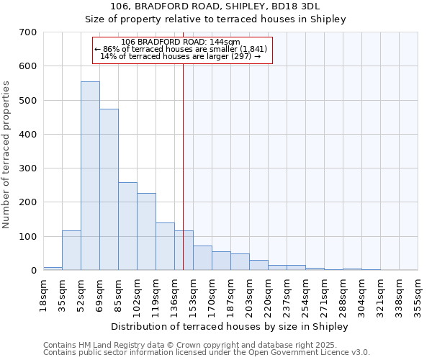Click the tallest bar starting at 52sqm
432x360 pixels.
pyautogui.click(x=90, y=176)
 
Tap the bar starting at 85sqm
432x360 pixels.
pyautogui.click(x=127, y=226)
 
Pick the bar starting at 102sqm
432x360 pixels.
pyautogui.click(x=146, y=231)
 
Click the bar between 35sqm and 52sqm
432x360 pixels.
pyautogui.click(x=71, y=250)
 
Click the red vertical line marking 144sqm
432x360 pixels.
pyautogui.click(x=184, y=166)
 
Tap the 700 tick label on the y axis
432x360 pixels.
pyautogui.click(x=28, y=32)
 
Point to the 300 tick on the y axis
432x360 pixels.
pyautogui.click(x=28, y=168)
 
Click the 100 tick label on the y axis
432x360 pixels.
pyautogui.click(x=28, y=237)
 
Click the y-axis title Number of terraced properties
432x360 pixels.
pyautogui.click(x=7, y=155)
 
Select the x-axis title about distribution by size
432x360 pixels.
pyautogui.click(x=230, y=326)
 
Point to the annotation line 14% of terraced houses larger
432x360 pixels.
pyautogui.click(x=180, y=56)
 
